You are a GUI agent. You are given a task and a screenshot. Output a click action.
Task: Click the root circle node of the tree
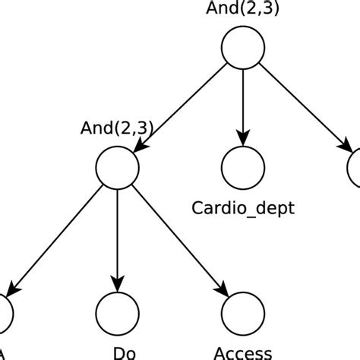(243, 47)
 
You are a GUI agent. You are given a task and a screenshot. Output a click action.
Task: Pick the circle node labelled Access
(243, 311)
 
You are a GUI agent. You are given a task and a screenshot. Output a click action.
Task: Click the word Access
(243, 352)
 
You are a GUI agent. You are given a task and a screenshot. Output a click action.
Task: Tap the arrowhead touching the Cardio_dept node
(243, 139)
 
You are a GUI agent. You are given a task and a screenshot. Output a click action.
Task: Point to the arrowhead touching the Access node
(223, 289)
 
